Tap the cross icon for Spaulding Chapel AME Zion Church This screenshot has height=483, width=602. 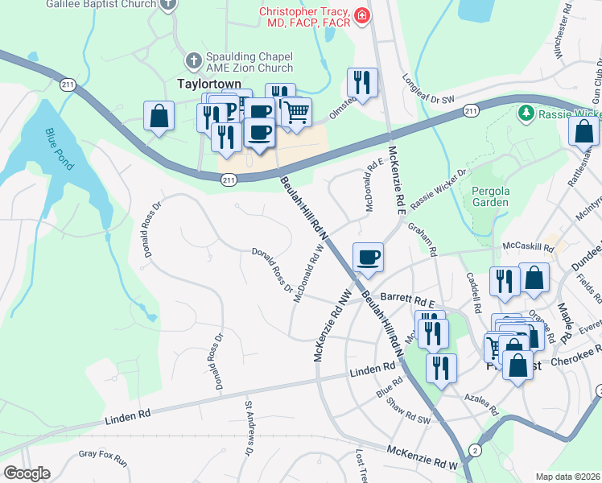192,60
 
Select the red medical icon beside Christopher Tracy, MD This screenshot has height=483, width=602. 361,14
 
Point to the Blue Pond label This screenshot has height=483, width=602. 60,150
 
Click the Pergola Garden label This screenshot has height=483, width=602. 490,196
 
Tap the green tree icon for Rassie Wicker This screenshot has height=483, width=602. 526,113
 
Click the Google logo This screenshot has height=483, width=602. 27,473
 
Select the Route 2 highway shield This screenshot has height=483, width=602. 476,448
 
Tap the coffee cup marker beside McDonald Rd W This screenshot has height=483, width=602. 369,257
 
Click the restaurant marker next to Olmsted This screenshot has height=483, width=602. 361,82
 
